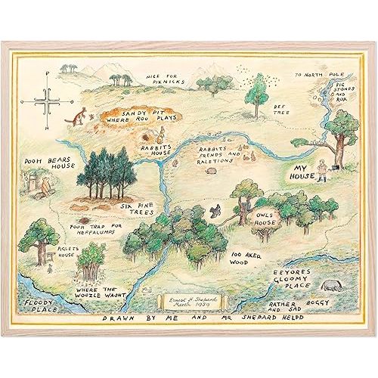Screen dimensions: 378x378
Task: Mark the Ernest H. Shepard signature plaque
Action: click(x=189, y=302)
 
